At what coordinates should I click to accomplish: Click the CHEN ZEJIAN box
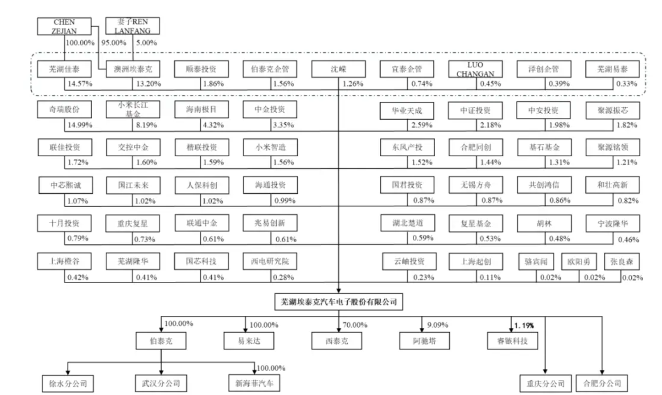(64, 26)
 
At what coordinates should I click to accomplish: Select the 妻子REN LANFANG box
(132, 26)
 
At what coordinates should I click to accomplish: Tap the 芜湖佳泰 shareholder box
(64, 69)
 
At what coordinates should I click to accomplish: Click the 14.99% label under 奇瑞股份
(80, 125)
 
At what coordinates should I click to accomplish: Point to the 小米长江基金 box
(133, 109)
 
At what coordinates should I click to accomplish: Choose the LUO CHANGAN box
(475, 69)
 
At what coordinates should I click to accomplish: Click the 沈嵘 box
(338, 69)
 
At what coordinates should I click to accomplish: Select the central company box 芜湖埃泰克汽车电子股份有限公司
(339, 302)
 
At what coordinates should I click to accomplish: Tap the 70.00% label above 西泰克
(355, 325)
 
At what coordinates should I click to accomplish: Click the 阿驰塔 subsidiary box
(424, 341)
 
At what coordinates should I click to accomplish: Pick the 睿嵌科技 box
(513, 341)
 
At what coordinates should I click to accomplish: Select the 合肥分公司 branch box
(602, 383)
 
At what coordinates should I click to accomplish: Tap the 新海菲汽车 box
(254, 383)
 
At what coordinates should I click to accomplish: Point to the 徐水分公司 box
(68, 383)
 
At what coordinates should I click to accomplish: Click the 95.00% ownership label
(114, 43)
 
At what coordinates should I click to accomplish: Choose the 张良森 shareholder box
(622, 261)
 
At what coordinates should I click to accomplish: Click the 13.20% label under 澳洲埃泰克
(148, 84)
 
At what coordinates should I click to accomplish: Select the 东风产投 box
(407, 147)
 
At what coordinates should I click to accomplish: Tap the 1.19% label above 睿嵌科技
(524, 326)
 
